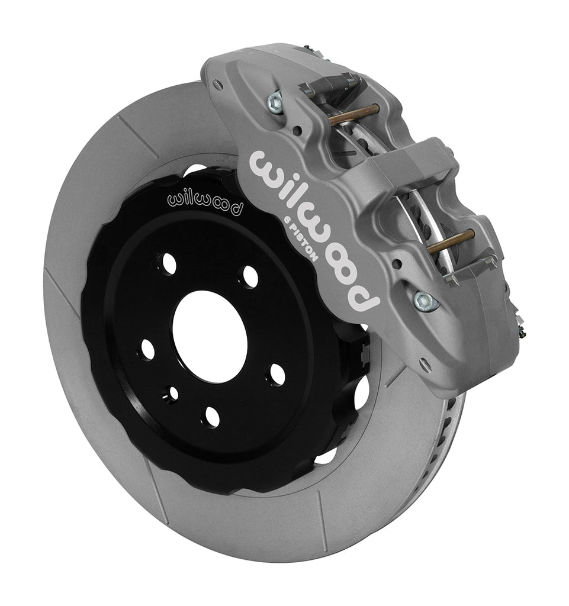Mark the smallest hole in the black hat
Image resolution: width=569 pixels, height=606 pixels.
pos(172,392)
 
